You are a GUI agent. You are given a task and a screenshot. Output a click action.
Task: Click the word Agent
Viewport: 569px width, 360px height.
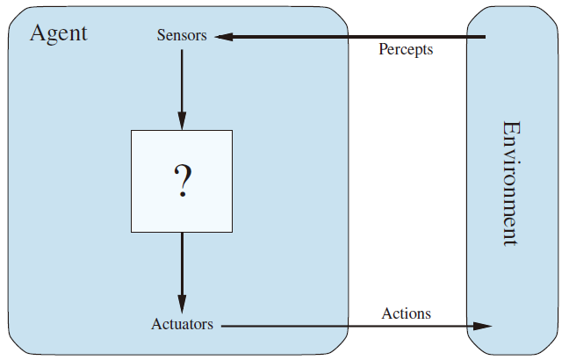pos(59,33)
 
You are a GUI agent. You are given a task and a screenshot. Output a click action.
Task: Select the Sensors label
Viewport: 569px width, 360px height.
pos(182,35)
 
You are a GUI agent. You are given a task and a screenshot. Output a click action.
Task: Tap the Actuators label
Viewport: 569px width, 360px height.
pos(182,324)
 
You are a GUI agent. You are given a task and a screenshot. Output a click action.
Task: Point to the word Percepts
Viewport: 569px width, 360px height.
pos(406,49)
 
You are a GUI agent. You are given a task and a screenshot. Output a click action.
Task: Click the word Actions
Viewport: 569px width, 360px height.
pos(406,313)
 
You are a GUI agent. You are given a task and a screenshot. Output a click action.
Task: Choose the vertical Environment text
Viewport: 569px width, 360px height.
pos(512,184)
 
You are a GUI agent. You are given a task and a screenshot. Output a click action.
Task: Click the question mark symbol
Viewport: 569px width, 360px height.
pos(183,180)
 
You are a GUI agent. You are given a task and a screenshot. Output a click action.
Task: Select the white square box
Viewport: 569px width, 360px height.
pos(182,181)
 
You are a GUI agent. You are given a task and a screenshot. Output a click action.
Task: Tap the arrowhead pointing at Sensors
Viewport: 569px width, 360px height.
pos(224,37)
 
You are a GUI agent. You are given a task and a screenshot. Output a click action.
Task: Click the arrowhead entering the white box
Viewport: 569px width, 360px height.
pos(182,121)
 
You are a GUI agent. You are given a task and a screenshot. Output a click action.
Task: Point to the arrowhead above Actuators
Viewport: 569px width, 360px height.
pos(182,304)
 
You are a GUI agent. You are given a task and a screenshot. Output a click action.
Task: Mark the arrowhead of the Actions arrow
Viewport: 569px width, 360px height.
pos(483,326)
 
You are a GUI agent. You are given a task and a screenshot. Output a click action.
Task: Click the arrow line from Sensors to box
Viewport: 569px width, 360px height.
pos(182,90)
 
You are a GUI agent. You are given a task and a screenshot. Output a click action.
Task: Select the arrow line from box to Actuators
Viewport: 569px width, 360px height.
pos(182,273)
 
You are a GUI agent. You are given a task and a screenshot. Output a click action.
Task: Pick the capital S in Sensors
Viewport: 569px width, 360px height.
pos(161,35)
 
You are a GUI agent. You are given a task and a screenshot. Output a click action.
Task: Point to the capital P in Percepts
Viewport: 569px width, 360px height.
pos(383,48)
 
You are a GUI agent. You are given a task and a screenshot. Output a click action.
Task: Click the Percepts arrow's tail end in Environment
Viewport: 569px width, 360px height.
pos(486,37)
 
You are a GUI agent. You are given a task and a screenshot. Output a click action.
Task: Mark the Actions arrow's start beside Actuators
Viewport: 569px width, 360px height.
pos(221,326)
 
